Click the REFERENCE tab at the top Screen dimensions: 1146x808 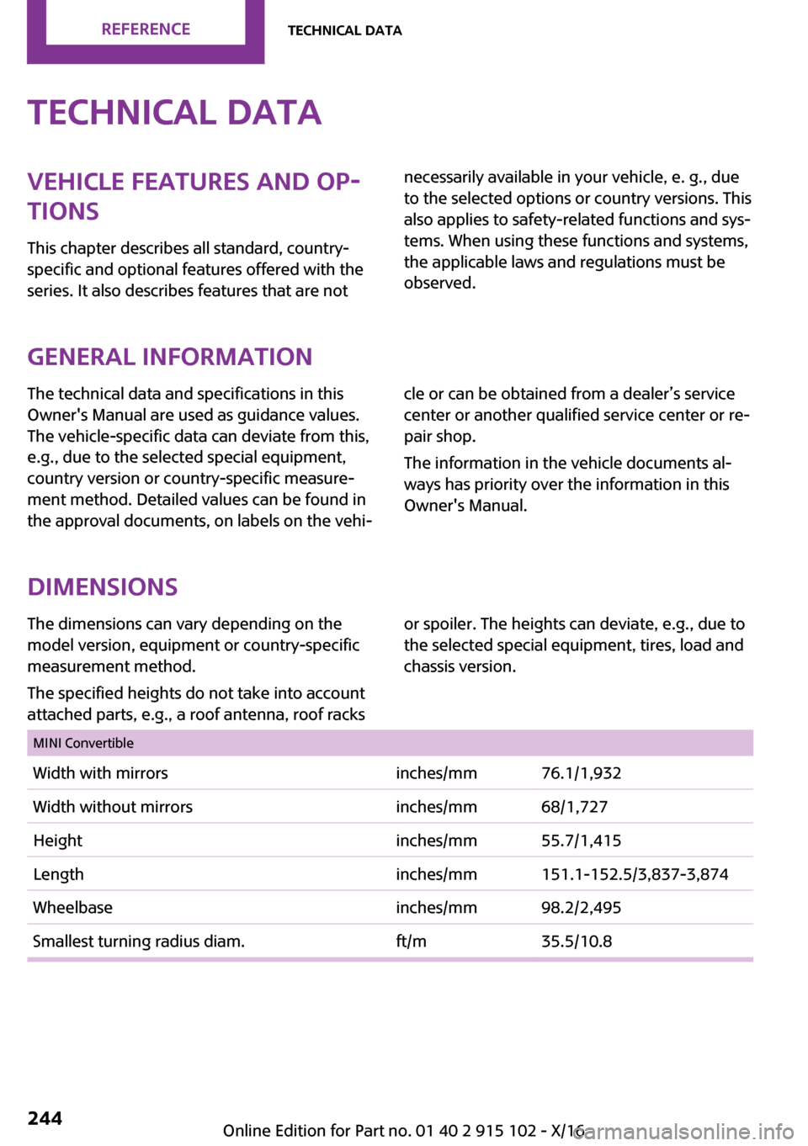point(146,29)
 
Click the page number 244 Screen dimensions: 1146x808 point(45,1117)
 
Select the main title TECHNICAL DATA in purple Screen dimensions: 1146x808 point(174,113)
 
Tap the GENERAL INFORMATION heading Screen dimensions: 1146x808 point(169,357)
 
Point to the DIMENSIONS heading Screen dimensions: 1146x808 point(102,586)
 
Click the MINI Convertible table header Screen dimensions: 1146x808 point(83,743)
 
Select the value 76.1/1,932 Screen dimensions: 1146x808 point(581,773)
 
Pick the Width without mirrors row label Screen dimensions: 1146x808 point(113,807)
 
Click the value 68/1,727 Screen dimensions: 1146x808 point(574,807)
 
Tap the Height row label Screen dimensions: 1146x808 point(58,841)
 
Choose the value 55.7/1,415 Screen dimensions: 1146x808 point(581,841)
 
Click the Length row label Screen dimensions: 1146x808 point(59,874)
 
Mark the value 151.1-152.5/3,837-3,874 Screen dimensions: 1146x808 point(635,874)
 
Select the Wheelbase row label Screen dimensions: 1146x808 point(72,908)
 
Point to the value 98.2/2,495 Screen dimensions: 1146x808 point(581,908)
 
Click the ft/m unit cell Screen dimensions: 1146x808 point(411,942)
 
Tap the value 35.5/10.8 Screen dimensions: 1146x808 point(577,942)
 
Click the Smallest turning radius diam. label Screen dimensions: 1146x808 point(139,942)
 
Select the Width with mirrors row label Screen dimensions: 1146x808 point(100,773)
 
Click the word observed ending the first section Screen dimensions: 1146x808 point(439,284)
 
